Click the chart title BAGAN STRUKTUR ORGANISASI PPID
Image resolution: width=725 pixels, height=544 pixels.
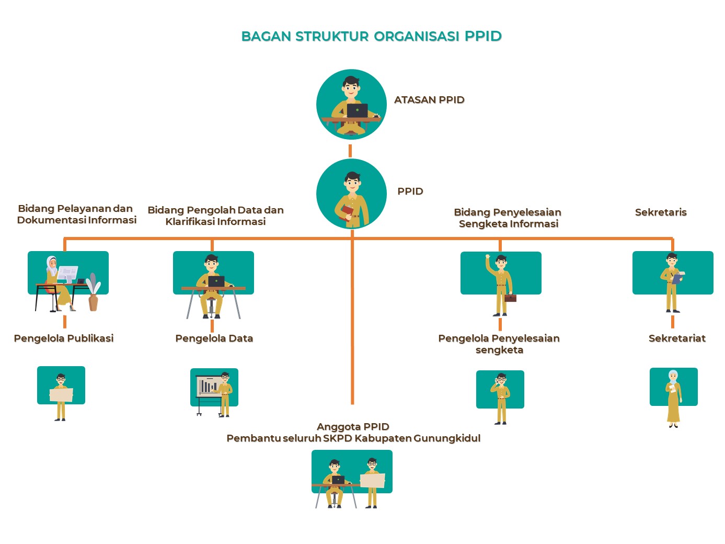point(371,36)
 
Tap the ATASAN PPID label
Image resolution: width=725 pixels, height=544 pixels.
point(429,100)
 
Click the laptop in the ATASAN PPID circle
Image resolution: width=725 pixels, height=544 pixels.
point(358,110)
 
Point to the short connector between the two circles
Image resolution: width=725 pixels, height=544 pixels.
point(350,151)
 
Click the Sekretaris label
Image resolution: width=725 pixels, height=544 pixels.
point(660,212)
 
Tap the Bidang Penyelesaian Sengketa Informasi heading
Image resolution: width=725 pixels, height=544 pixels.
point(508,218)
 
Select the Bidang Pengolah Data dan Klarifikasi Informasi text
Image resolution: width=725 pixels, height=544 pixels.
point(215,216)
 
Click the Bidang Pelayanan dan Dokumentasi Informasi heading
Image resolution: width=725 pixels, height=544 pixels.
point(76,214)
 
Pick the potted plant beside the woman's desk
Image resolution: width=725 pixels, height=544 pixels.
point(93,294)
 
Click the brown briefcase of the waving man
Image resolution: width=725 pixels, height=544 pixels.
point(511,298)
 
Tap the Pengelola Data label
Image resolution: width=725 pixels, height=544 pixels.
point(214,338)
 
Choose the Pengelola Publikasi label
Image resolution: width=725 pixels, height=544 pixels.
point(64,338)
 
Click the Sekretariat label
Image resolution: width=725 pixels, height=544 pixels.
point(676,338)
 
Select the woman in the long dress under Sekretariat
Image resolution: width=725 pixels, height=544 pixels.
point(673,399)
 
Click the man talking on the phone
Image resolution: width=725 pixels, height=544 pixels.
point(501,398)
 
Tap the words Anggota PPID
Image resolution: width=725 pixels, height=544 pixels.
point(353,427)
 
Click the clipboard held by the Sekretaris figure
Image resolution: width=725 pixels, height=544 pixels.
point(677,278)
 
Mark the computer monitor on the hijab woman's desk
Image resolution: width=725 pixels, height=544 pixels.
point(67,273)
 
